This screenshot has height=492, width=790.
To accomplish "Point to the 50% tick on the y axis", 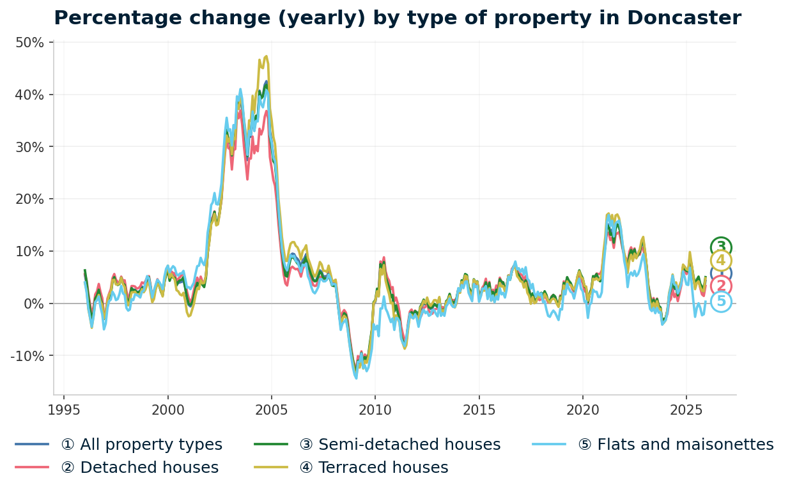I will (29, 43).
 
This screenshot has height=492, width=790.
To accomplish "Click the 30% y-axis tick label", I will (29, 147).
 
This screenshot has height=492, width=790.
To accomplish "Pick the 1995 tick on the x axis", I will (64, 410).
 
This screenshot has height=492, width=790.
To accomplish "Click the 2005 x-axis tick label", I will (271, 410).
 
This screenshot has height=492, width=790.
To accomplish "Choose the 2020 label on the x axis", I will (582, 410).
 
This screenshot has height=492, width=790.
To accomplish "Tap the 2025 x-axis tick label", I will (686, 410).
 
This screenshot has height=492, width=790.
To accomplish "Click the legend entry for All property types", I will (141, 445).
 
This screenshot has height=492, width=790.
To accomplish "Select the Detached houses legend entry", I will (139, 468).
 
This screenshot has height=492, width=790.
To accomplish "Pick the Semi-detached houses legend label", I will (409, 445).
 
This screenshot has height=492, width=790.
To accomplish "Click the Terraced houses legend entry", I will (383, 468).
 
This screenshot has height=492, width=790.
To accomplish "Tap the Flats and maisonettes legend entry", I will (685, 445).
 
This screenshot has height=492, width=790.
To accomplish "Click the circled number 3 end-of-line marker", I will (721, 247).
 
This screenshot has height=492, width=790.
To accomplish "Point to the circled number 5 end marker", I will (721, 302).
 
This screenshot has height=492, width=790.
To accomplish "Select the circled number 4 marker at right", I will (721, 261).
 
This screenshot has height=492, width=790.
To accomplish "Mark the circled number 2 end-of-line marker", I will (721, 286).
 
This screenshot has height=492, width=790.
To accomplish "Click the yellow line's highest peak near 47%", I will (266, 56).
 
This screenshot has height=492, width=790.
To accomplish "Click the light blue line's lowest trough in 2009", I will (356, 378).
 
